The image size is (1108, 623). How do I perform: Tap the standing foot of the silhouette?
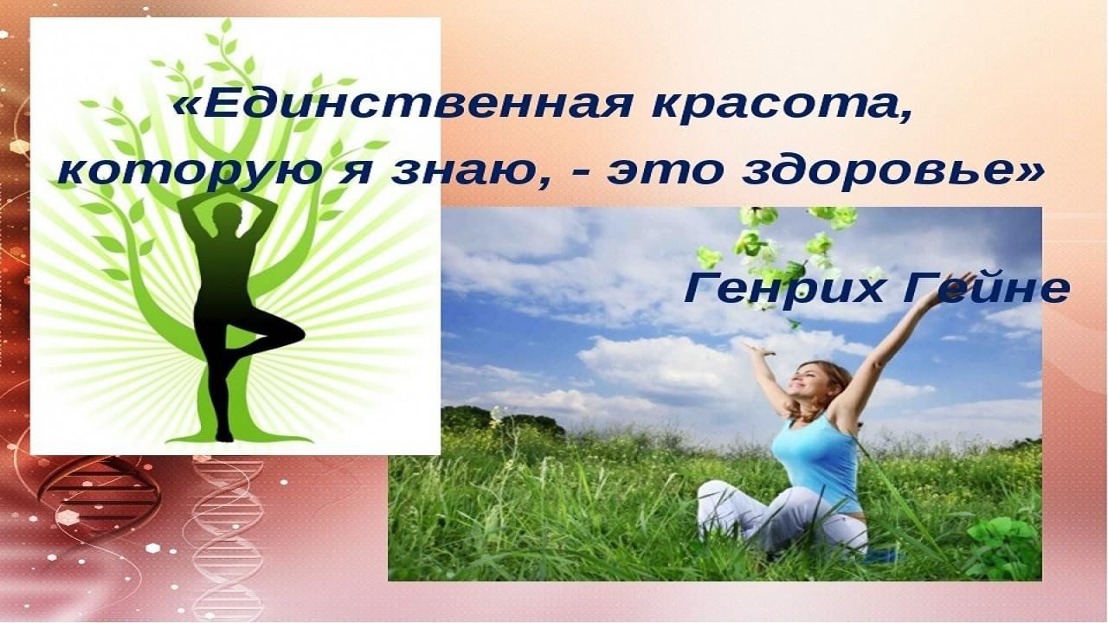click(x=223, y=436)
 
